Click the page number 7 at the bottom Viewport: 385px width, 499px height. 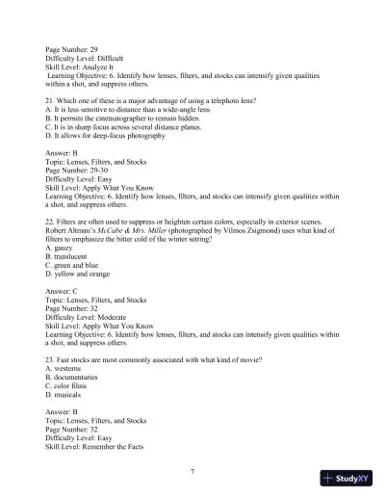pyautogui.click(x=192, y=470)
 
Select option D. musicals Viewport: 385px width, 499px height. pyautogui.click(x=68, y=394)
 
